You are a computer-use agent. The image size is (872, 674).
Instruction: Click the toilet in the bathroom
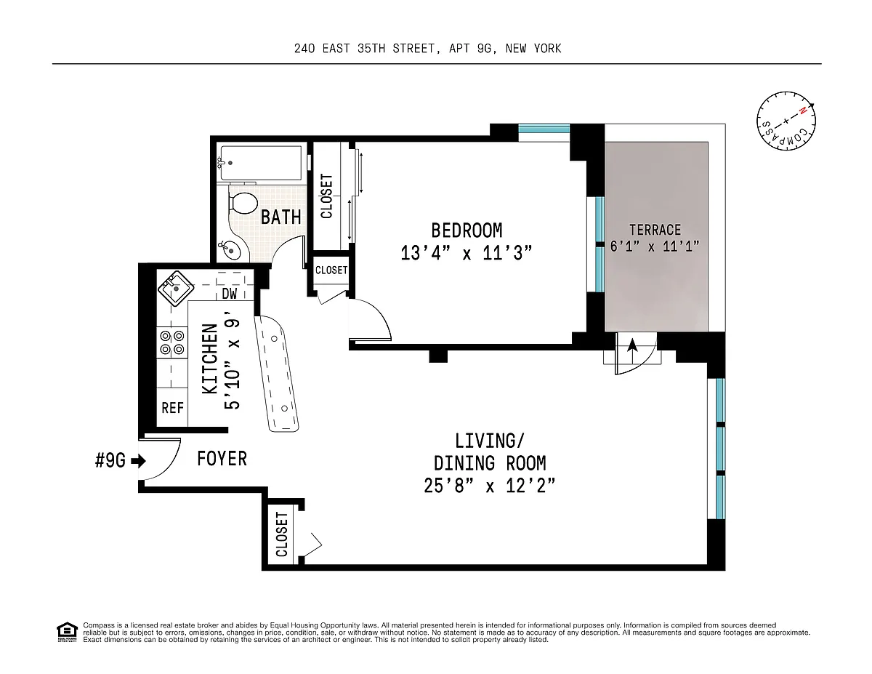[243, 204]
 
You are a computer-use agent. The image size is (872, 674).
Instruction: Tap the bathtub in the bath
[261, 163]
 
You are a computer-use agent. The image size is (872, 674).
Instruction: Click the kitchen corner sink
[175, 288]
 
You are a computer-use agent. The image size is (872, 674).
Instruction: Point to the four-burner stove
[171, 342]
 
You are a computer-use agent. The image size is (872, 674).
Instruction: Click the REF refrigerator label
[172, 408]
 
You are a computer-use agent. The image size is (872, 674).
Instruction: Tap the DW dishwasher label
[230, 294]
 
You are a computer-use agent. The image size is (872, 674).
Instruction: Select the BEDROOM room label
[467, 230]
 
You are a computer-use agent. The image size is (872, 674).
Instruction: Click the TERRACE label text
[655, 230]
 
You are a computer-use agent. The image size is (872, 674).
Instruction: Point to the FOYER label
[222, 459]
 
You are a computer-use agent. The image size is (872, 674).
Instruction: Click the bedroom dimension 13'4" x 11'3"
[467, 253]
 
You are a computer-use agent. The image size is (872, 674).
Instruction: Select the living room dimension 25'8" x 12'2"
[490, 486]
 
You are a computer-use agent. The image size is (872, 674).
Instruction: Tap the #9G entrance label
[110, 460]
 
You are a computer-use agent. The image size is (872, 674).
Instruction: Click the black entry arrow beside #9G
[139, 461]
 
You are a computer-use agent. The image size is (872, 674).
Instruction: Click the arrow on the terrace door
[632, 350]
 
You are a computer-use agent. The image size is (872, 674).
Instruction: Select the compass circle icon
[786, 121]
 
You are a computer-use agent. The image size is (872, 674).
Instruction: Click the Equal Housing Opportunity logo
[67, 633]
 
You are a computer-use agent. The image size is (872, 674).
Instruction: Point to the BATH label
[281, 217]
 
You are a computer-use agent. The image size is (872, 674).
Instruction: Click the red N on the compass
[802, 111]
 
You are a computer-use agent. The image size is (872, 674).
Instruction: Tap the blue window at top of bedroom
[544, 129]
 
